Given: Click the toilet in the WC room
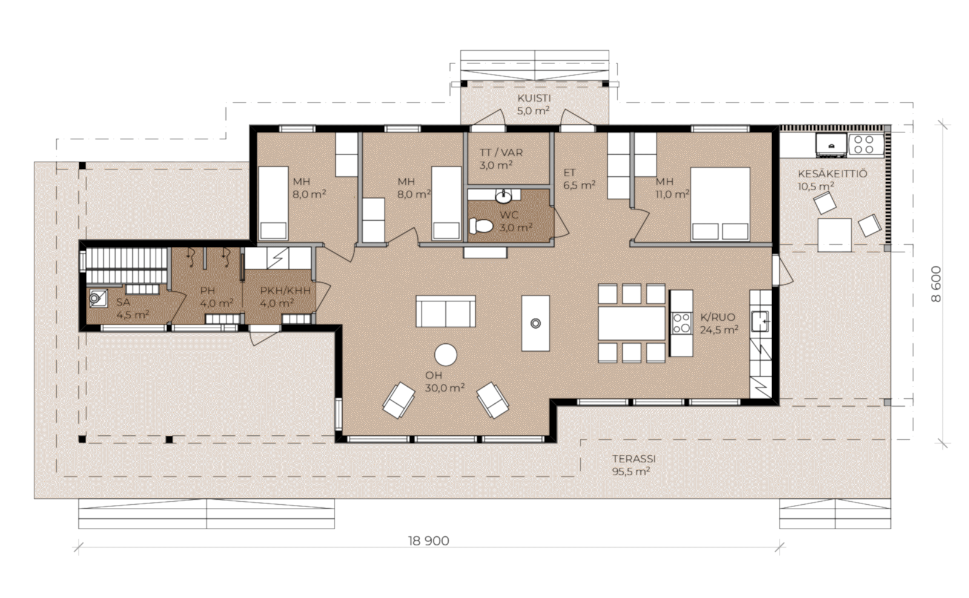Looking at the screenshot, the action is point(481,225).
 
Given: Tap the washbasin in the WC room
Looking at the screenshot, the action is point(503,197).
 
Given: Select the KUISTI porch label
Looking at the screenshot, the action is point(534,98).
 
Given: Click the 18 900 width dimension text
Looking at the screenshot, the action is point(428,541).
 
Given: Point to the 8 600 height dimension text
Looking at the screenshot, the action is point(935,284).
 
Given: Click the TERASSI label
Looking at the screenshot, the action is point(633,459).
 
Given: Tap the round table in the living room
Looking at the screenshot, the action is point(446,355).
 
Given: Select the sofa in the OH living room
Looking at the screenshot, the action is point(446,311).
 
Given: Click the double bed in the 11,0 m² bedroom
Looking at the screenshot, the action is point(720,203).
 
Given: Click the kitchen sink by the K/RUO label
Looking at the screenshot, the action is point(760,321).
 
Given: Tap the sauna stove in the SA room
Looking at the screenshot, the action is point(98,298).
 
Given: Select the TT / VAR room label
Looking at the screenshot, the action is point(501,153).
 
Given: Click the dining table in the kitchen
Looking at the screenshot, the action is point(632,323).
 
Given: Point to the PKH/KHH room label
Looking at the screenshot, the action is point(285,291).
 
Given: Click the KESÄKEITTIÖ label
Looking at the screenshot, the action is point(832,174).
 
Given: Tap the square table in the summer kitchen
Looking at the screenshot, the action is point(835,235).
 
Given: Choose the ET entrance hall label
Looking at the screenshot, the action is point(569,173).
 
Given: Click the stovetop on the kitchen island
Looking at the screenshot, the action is point(681,323).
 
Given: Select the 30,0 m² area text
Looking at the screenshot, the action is point(445,388).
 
